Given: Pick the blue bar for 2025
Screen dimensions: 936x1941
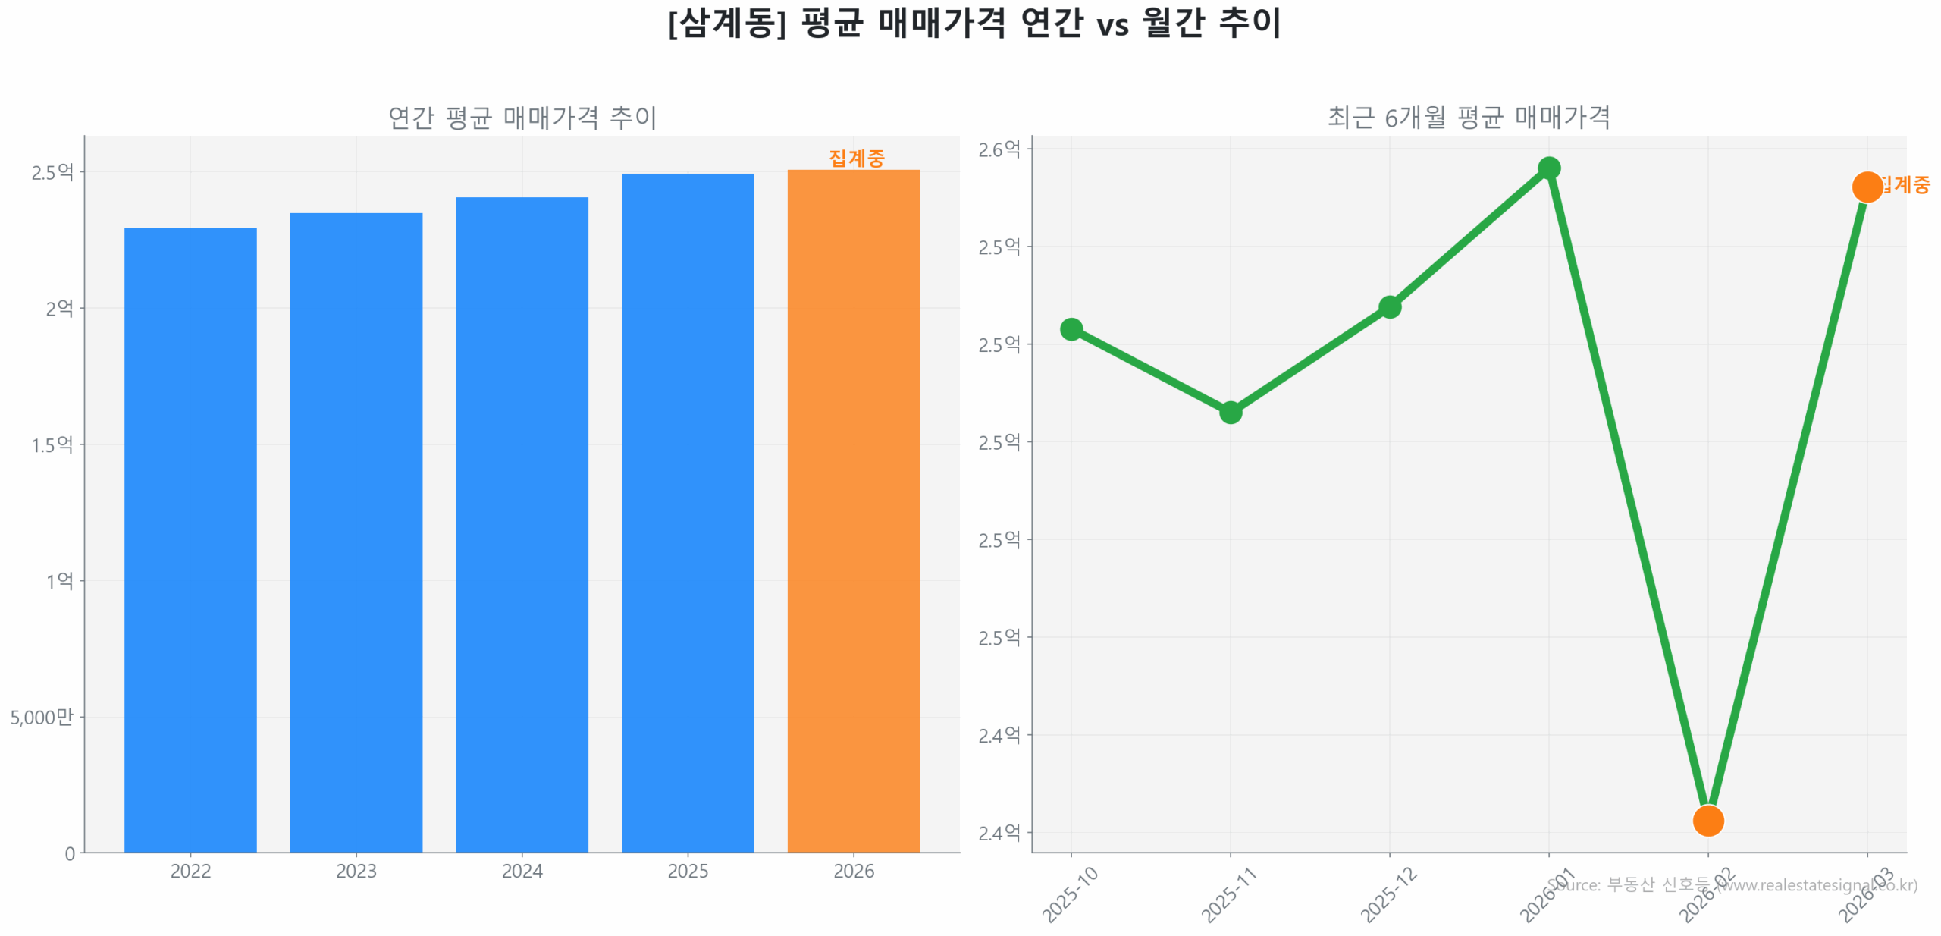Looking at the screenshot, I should click(687, 512).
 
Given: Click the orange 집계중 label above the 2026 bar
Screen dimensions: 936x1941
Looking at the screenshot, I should click(856, 158).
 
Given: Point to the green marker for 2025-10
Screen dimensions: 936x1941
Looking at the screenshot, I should click(1071, 328).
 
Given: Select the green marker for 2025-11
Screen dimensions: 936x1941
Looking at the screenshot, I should click(1230, 412).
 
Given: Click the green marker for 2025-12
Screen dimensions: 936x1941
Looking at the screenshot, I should click(1389, 306).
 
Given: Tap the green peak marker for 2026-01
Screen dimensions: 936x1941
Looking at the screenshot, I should click(1548, 168).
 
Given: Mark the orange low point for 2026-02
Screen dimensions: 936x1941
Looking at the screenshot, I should click(1707, 820).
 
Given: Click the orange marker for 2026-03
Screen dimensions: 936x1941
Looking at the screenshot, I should click(1866, 187).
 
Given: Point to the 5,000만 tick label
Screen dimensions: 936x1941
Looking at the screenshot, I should click(42, 717).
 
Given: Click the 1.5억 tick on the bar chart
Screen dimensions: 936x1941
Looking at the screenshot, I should click(52, 444).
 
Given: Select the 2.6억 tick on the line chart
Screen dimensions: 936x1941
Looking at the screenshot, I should click(999, 149).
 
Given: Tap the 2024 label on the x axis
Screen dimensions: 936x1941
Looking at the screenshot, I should click(522, 871).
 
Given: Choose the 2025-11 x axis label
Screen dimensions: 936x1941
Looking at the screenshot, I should click(1228, 895).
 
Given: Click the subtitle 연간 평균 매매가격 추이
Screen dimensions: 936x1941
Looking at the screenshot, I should click(522, 118).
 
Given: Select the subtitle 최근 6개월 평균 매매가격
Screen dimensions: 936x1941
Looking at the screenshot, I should click(1468, 118).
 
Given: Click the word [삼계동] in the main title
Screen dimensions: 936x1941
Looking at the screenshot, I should click(726, 23).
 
